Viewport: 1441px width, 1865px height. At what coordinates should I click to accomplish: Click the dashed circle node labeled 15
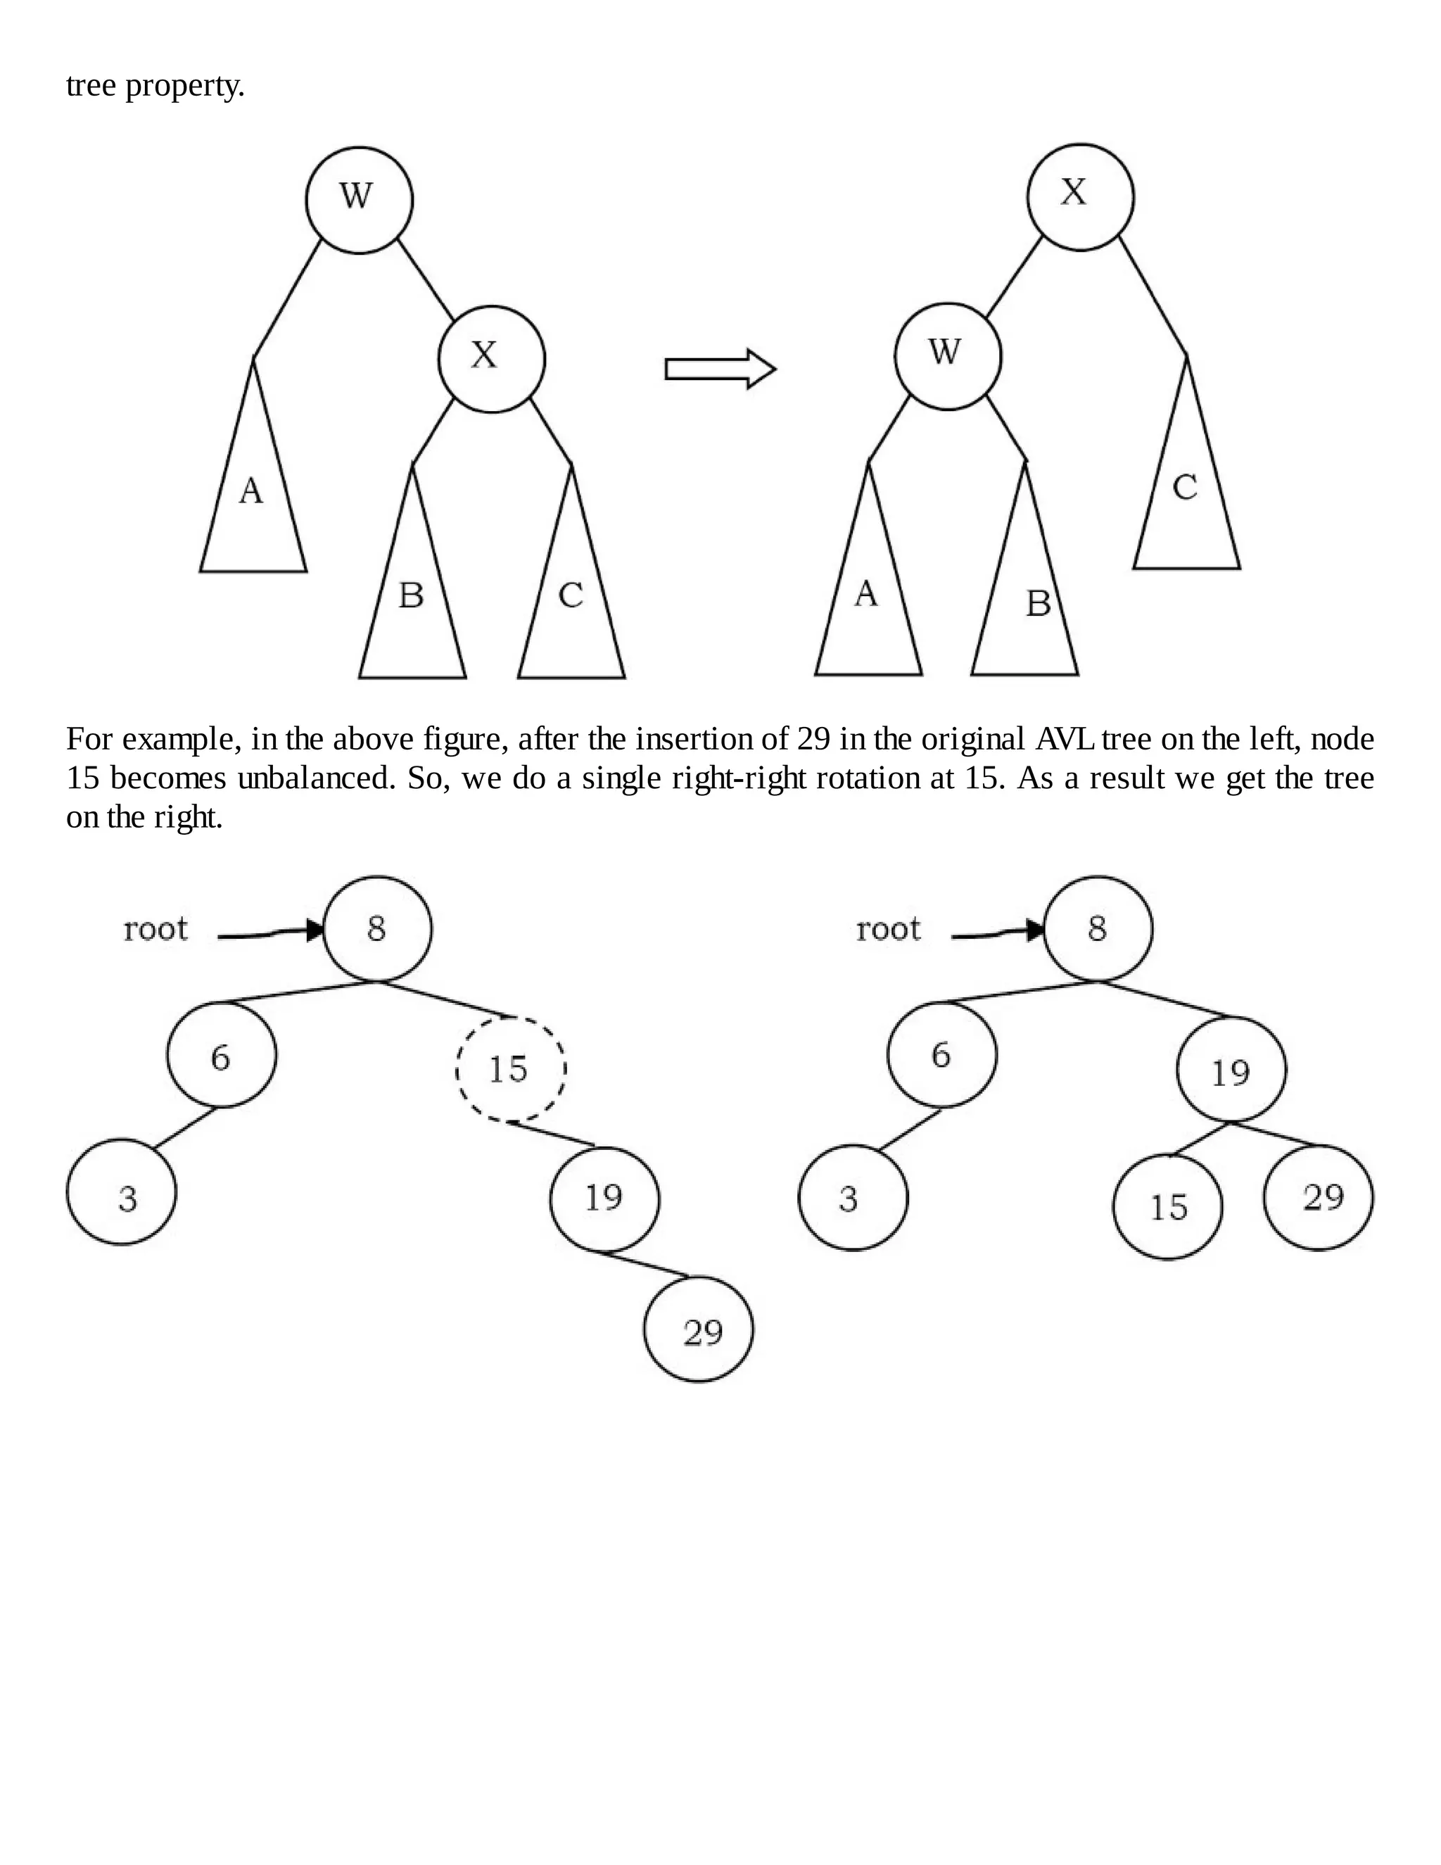[x=511, y=1068]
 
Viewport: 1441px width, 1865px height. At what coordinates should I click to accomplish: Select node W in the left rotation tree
[x=359, y=200]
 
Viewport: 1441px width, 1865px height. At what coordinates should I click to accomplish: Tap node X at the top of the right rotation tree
[x=1080, y=196]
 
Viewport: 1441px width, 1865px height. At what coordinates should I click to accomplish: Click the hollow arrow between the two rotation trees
[x=720, y=369]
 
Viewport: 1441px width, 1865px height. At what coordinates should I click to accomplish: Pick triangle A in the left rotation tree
[x=253, y=504]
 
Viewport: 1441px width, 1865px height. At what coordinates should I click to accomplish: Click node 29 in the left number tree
[x=698, y=1329]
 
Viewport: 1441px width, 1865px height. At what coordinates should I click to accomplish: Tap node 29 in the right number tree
[x=1318, y=1197]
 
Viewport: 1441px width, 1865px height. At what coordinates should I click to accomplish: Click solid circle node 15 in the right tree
[x=1168, y=1206]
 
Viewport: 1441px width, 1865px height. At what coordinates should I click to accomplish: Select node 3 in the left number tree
[x=121, y=1192]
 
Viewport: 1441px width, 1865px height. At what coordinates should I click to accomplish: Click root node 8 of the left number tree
[x=377, y=928]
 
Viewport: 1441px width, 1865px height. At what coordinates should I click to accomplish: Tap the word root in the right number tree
[x=888, y=928]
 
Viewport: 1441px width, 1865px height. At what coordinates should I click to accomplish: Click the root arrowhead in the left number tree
[x=315, y=930]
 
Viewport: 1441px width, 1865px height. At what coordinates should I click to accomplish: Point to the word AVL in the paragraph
[x=1064, y=739]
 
